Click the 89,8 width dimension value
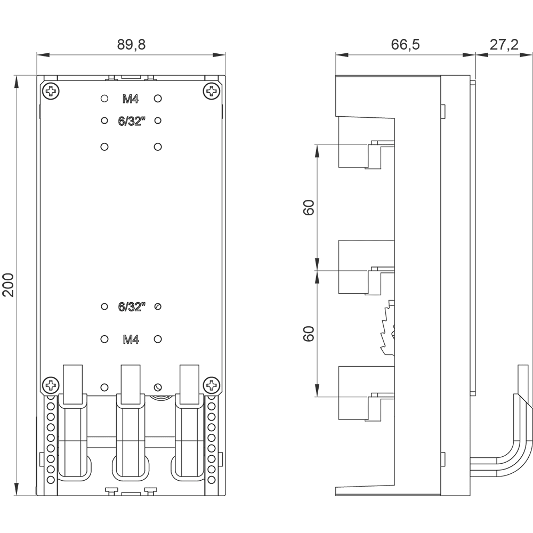[131, 45]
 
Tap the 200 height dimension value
[8, 285]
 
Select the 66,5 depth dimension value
[405, 45]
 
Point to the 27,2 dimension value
[504, 45]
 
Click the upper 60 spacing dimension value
[308, 207]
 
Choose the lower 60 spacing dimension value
[308, 334]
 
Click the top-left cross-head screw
[51, 91]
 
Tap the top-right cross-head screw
[212, 91]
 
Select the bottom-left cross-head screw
[51, 385]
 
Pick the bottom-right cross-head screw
[212, 385]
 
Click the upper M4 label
[131, 99]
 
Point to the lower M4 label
[131, 339]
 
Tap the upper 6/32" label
[132, 121]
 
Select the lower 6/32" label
[132, 306]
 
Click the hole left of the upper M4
[104, 99]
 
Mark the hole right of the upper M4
[158, 99]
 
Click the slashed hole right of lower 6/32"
[158, 306]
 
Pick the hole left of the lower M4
[104, 339]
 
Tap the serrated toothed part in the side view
[387, 328]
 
